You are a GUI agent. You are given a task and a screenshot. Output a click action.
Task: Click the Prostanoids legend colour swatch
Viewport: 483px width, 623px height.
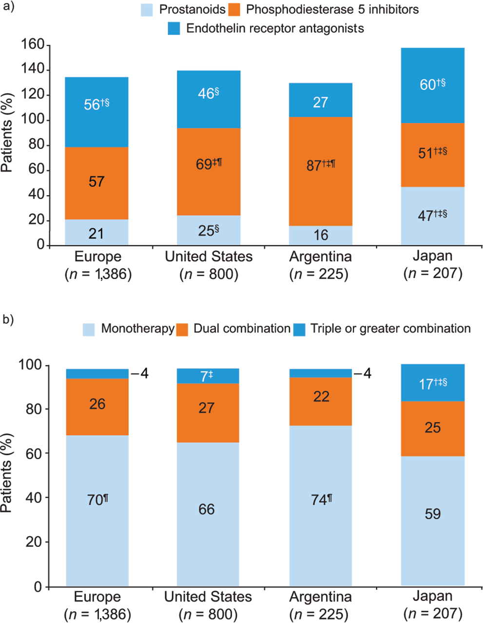coord(147,10)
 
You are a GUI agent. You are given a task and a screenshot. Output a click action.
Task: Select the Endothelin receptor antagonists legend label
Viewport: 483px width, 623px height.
coord(275,28)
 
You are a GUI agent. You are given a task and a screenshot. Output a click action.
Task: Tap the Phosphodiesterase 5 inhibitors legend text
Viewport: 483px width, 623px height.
coord(332,10)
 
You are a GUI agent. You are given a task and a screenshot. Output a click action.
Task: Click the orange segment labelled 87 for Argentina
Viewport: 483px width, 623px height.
coord(320,171)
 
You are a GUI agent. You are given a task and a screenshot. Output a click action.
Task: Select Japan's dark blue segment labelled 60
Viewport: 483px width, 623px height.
coord(433,85)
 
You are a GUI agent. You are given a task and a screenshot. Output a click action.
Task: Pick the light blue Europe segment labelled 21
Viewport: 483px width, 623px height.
coord(97,232)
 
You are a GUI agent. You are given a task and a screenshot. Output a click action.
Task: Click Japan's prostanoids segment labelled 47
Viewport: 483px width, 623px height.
coord(433,216)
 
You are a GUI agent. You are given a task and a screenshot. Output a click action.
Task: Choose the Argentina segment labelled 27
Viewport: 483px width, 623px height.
coord(320,100)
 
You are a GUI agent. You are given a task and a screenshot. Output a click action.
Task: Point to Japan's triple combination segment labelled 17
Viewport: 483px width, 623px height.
coord(433,383)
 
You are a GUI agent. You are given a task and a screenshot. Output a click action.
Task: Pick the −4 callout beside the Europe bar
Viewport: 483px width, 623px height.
coord(140,374)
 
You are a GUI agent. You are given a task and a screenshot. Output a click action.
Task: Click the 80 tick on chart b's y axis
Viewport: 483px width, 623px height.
coord(34,410)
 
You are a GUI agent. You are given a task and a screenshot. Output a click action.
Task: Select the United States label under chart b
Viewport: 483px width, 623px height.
coord(208,597)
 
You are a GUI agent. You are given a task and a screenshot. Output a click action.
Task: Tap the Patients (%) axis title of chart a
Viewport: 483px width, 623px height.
coord(7,133)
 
